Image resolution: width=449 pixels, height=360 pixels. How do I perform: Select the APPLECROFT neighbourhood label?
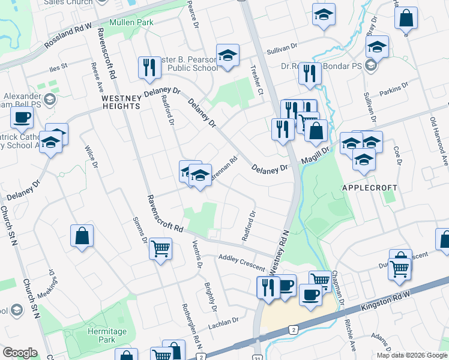coord(369,188)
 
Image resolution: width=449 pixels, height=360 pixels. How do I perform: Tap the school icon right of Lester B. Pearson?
coord(228,55)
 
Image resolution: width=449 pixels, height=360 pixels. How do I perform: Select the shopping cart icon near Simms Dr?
coord(160,248)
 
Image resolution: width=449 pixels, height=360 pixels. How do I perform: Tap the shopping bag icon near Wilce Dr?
coord(82,235)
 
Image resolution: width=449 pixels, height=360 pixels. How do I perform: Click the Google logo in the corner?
coord(20,352)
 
